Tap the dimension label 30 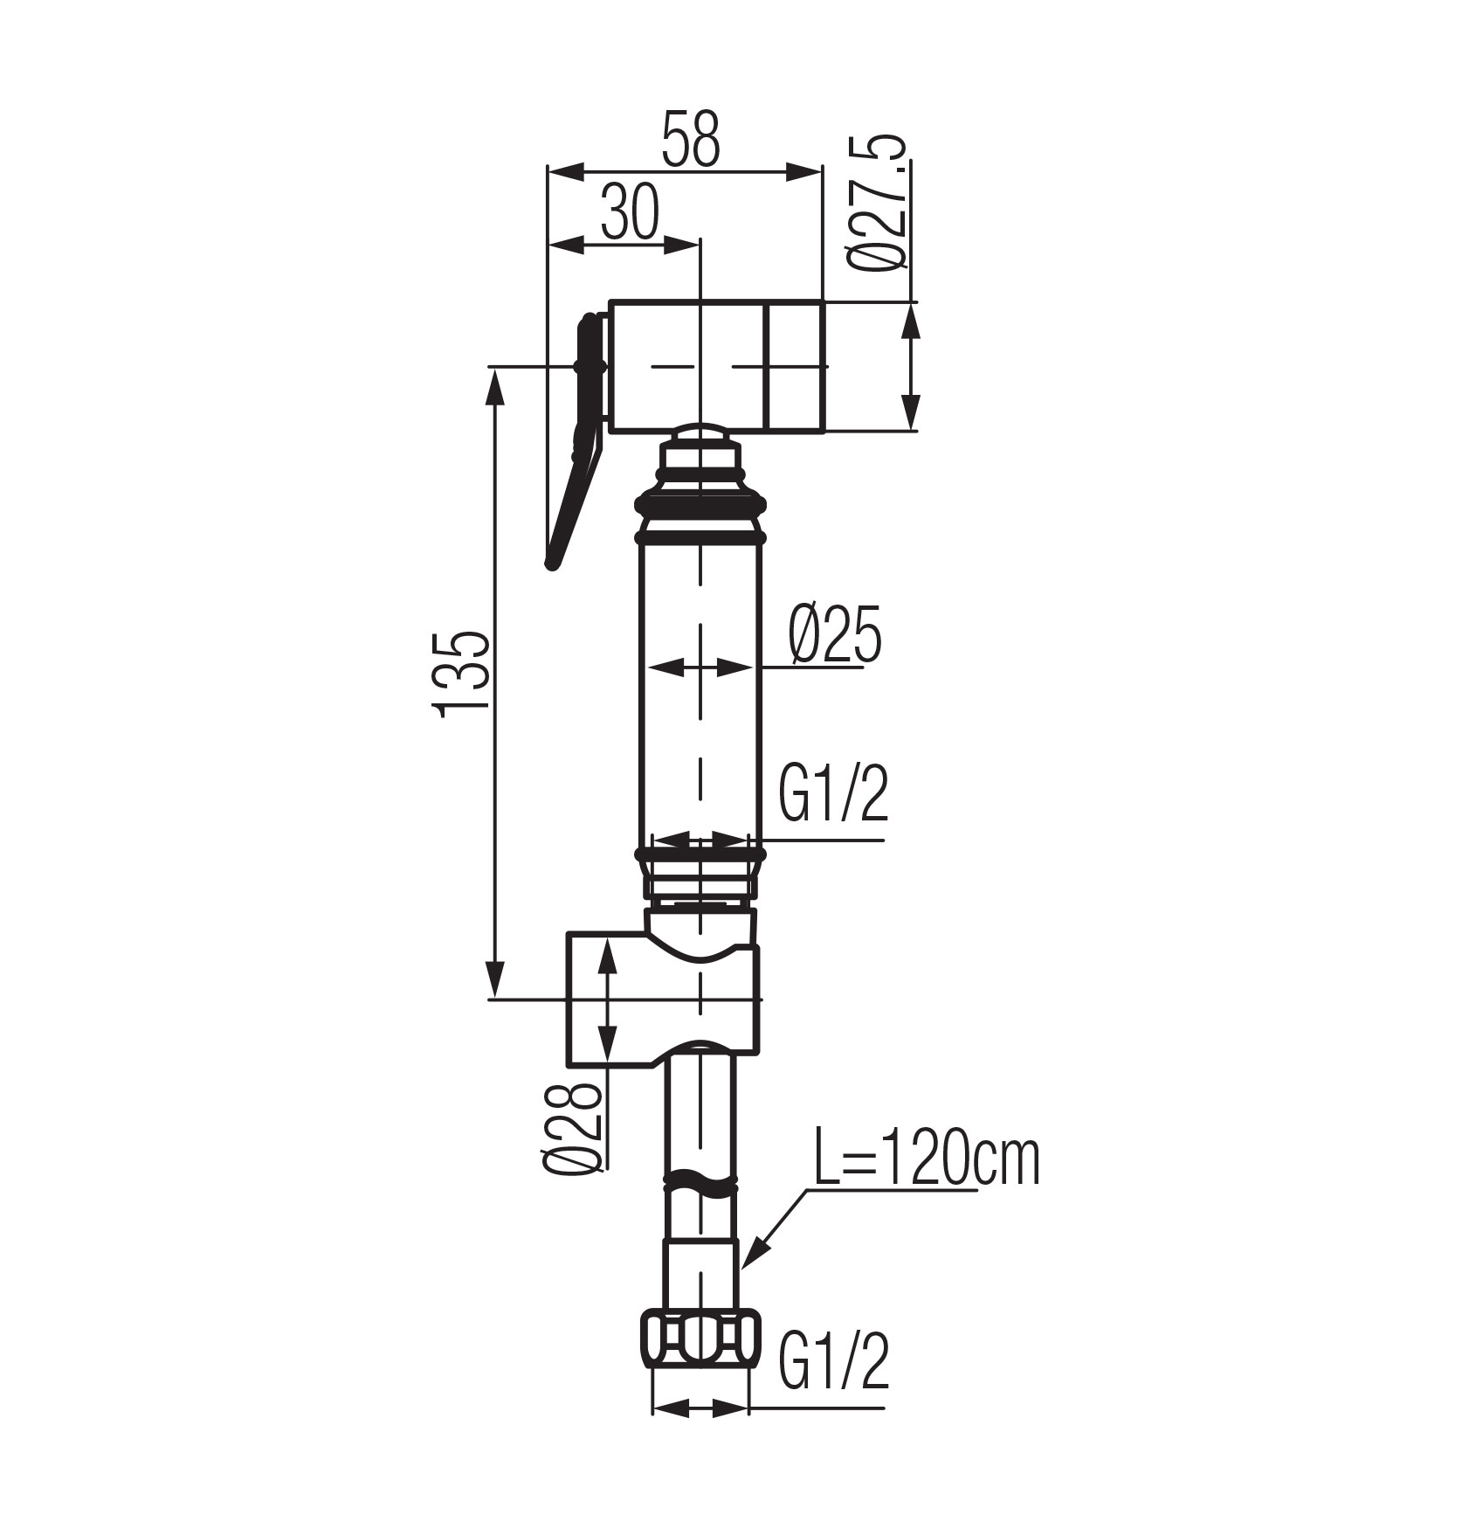[x=629, y=212]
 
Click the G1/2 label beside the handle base [x=833, y=793]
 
